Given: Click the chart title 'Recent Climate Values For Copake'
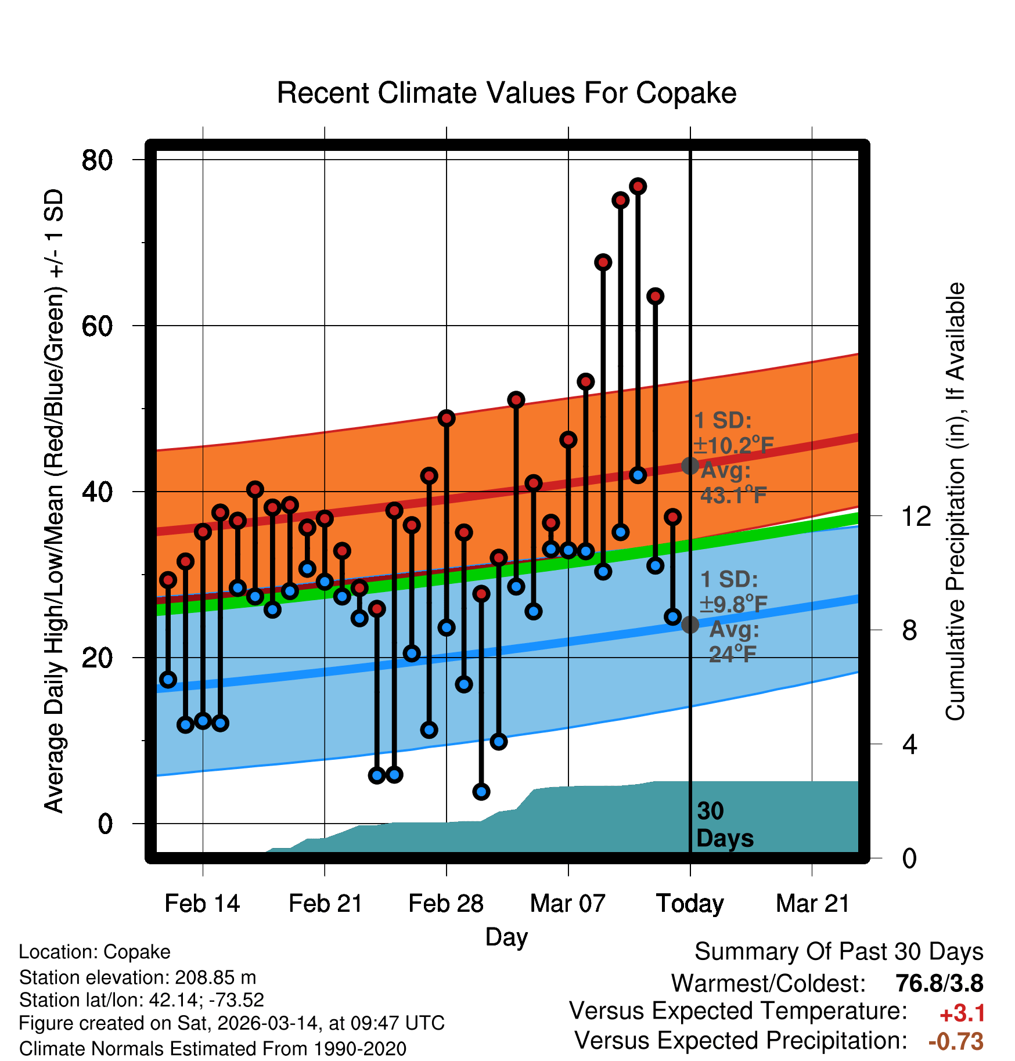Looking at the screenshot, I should [506, 93].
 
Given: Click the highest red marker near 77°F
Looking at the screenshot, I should [638, 186].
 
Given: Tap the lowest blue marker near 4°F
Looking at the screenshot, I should [481, 792].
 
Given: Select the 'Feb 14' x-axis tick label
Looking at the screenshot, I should [202, 904].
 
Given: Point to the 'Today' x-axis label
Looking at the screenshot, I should [690, 904].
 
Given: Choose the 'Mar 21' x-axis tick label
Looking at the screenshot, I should [812, 904].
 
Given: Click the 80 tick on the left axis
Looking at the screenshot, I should [98, 160].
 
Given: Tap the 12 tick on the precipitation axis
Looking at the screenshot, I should [916, 516].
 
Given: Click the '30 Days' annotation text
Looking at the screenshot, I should [724, 825].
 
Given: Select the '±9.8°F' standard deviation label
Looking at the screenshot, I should [733, 604].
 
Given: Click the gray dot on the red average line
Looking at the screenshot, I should [690, 465].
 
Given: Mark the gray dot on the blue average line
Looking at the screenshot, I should [690, 625].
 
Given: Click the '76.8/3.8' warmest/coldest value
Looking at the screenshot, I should [939, 983].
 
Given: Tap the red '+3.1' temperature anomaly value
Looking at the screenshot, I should [962, 1013].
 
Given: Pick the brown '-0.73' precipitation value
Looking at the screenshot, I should [956, 1041].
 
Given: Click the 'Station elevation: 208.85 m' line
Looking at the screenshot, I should [138, 977].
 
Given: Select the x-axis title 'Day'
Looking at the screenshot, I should [506, 937].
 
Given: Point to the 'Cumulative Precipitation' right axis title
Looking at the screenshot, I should [955, 502].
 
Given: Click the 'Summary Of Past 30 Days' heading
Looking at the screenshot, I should [838, 952].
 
